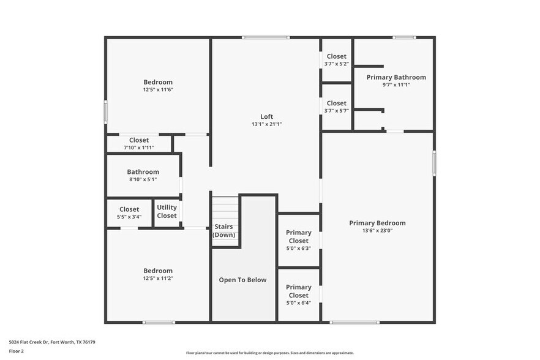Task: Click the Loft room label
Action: [x=266, y=116]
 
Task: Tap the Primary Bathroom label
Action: [x=396, y=77]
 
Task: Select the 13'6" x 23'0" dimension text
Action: [x=377, y=231]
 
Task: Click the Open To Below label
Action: [x=243, y=280]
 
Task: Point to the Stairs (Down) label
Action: [x=223, y=230]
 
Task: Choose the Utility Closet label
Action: [x=167, y=211]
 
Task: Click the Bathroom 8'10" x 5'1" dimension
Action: [x=143, y=180]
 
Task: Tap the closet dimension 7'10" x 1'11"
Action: [x=138, y=148]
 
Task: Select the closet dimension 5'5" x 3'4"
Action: [x=129, y=217]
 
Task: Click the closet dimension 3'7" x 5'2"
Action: [x=336, y=64]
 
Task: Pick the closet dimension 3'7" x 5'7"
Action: [x=336, y=111]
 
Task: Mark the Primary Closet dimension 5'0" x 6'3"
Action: [x=299, y=248]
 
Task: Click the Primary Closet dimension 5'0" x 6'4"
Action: [x=299, y=302]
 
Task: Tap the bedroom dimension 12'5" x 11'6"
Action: [x=158, y=90]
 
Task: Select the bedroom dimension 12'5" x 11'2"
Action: [x=158, y=279]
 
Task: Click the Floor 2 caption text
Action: [x=17, y=351]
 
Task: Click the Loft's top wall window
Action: [x=265, y=38]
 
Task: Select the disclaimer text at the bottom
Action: [x=270, y=353]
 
